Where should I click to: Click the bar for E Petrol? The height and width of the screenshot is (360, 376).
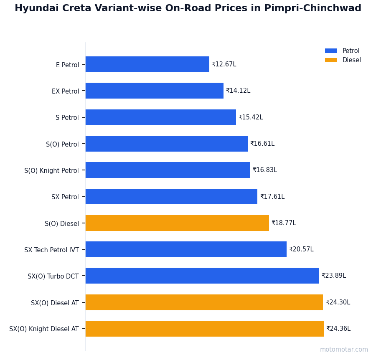pyautogui.click(x=147, y=64)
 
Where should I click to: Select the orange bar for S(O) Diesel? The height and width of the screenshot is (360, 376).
pyautogui.click(x=177, y=223)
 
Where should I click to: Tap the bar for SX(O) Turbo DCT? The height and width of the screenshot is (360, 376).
pyautogui.click(x=202, y=276)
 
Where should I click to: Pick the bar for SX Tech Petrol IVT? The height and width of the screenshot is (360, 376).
pyautogui.click(x=186, y=249)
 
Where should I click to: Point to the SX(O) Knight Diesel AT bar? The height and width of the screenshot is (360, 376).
pyautogui.click(x=204, y=329)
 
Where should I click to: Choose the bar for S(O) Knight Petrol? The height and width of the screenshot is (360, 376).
pyautogui.click(x=168, y=170)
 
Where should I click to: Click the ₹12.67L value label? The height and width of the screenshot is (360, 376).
pyautogui.click(x=224, y=64)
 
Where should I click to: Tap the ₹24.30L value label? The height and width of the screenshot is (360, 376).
pyautogui.click(x=338, y=302)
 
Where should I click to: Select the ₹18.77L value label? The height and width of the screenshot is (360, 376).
pyautogui.click(x=284, y=223)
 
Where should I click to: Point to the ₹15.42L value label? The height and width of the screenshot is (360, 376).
pyautogui.click(x=251, y=117)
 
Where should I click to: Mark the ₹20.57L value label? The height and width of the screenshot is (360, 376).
pyautogui.click(x=301, y=249)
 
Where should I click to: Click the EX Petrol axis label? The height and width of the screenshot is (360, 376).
pyautogui.click(x=65, y=91)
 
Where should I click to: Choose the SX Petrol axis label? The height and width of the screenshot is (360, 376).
pyautogui.click(x=65, y=197)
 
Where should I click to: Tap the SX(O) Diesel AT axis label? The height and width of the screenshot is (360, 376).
pyautogui.click(x=55, y=303)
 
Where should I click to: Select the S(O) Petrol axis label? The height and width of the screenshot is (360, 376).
pyautogui.click(x=62, y=144)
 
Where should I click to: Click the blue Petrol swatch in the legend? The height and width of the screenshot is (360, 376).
pyautogui.click(x=331, y=51)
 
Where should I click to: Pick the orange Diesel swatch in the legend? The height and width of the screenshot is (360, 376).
pyautogui.click(x=331, y=60)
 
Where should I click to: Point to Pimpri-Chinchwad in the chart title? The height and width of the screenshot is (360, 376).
pyautogui.click(x=312, y=8)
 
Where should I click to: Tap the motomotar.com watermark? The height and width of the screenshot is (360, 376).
pyautogui.click(x=344, y=350)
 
